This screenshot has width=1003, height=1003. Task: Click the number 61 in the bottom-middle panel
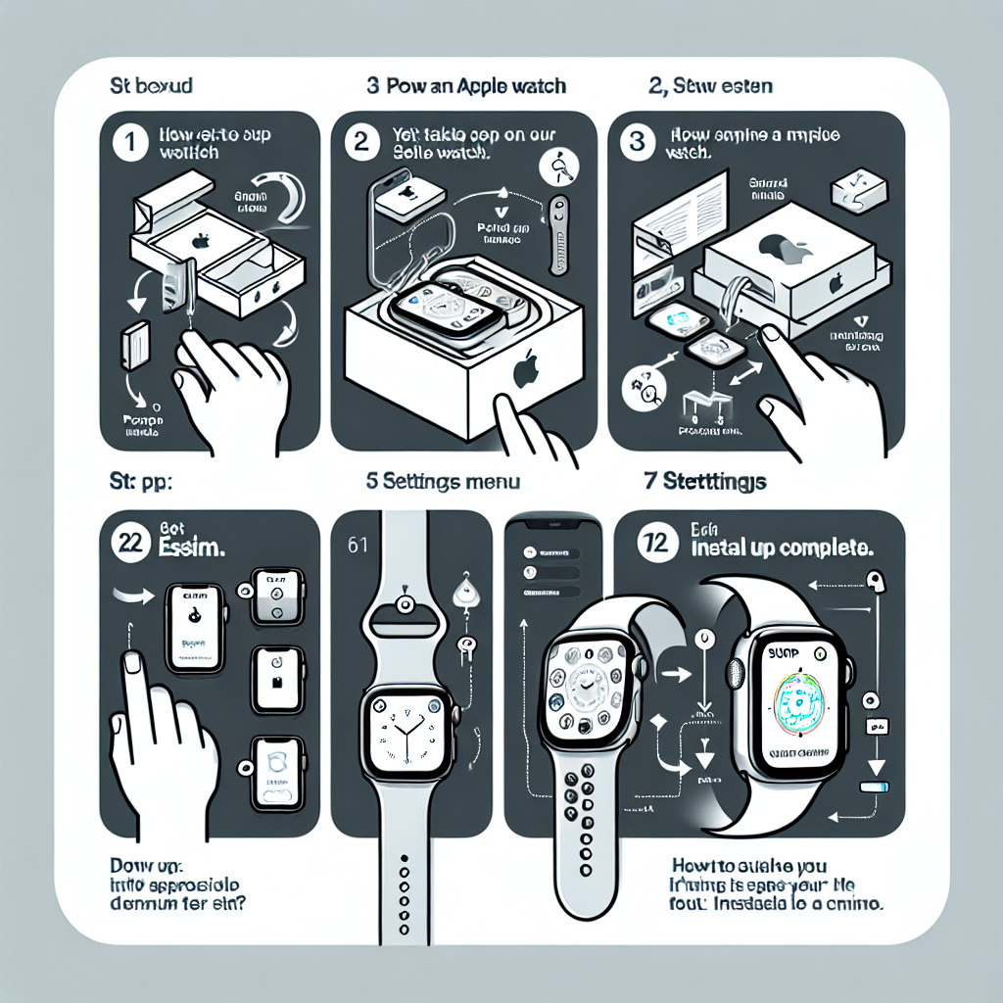click(x=358, y=544)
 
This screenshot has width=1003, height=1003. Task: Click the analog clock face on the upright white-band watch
click(x=406, y=730)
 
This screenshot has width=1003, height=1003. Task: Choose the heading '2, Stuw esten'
click(x=711, y=86)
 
